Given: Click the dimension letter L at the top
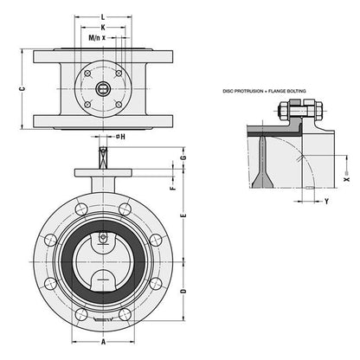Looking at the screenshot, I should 103,16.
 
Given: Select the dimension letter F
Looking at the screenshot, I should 174,186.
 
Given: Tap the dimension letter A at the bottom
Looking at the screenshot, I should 103,342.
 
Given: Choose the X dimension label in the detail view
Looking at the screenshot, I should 345,183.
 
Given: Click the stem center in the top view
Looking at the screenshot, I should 103,88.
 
